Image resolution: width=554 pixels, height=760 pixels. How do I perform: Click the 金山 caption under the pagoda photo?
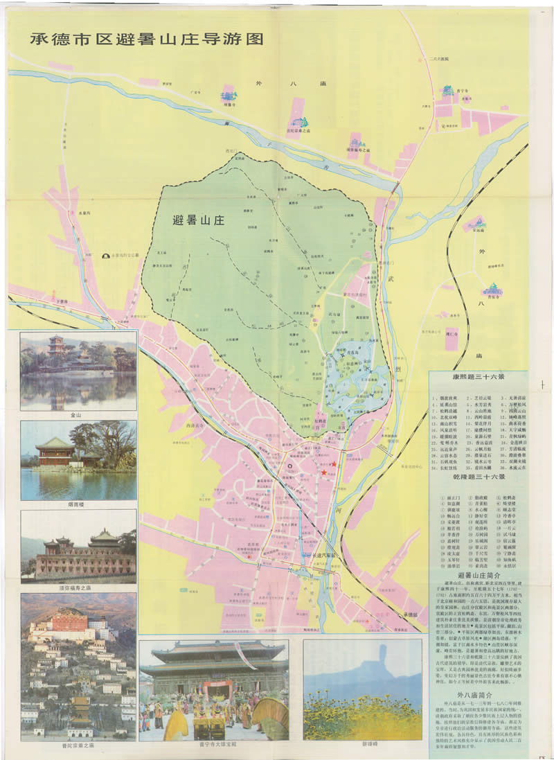pos(78,415)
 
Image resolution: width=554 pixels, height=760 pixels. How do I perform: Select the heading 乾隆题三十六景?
pos(479,477)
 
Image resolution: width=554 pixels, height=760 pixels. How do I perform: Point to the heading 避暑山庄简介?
pos(479,576)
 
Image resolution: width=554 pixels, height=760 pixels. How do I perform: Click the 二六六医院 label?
pos(439,60)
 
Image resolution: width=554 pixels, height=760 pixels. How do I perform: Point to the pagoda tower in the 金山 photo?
pos(55,346)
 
